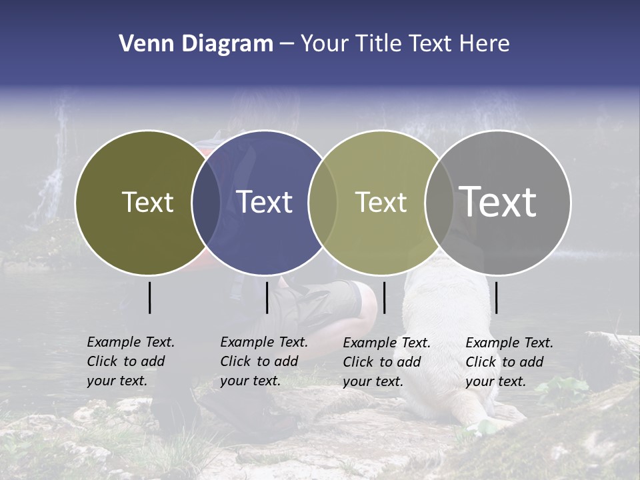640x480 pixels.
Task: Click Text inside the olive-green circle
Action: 147,202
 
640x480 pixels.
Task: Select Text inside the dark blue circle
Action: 265,202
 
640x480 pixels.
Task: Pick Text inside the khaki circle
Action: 381,202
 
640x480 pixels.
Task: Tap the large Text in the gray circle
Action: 498,201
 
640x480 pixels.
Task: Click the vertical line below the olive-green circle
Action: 150,297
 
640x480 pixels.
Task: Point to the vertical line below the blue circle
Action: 267,297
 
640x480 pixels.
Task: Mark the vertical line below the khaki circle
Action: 384,297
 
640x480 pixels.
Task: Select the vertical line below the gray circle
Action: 497,297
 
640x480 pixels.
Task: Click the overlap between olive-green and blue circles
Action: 206,202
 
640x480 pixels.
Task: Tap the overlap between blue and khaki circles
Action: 323,202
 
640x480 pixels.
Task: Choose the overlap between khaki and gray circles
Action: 439,202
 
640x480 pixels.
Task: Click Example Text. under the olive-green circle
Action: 131,342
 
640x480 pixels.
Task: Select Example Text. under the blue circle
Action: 264,342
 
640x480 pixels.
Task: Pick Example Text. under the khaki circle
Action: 387,343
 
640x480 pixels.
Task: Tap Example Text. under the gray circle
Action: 509,343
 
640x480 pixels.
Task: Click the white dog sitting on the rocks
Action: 453,347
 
